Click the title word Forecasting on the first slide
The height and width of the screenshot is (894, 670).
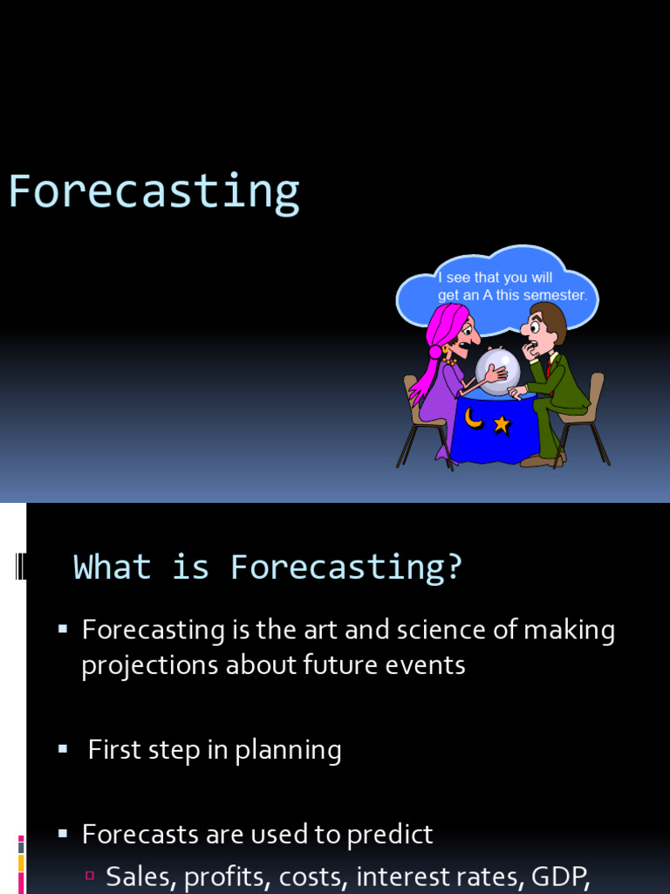pyautogui.click(x=154, y=193)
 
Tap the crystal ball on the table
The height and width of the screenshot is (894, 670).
pyautogui.click(x=497, y=371)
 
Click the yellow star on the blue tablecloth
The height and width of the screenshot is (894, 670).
pyautogui.click(x=502, y=425)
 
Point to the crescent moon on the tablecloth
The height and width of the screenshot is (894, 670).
pyautogui.click(x=474, y=418)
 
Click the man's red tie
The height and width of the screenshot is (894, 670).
pyautogui.click(x=549, y=368)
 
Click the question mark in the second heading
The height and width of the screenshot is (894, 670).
pyautogui.click(x=455, y=567)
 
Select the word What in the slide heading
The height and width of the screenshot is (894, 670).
pyautogui.click(x=113, y=567)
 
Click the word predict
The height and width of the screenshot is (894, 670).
pyautogui.click(x=390, y=835)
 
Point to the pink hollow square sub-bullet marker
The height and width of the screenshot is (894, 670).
pyautogui.click(x=90, y=875)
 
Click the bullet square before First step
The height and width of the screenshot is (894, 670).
pyautogui.click(x=63, y=748)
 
